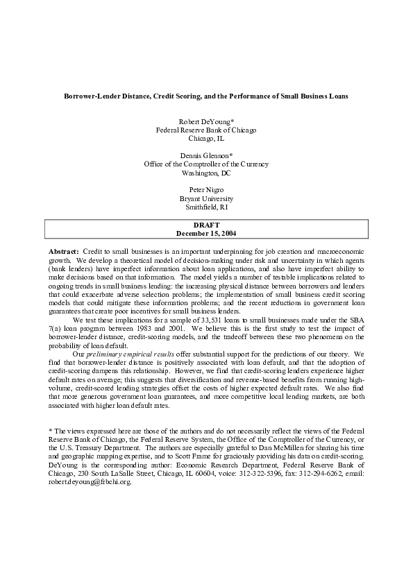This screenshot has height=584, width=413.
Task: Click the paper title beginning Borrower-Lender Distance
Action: pyautogui.click(x=206, y=95)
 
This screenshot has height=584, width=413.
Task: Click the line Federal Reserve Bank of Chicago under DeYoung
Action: pyautogui.click(x=206, y=130)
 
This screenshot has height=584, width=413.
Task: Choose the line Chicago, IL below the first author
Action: pyautogui.click(x=206, y=139)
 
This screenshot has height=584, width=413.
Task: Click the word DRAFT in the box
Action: pyautogui.click(x=206, y=225)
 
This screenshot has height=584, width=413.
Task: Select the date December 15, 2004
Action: pyautogui.click(x=206, y=234)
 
